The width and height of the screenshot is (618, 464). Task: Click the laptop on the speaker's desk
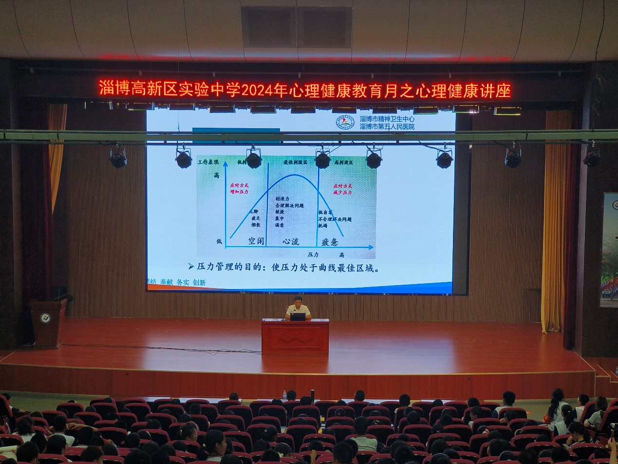[x=298, y=316]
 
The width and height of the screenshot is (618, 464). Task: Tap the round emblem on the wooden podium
[x=45, y=318]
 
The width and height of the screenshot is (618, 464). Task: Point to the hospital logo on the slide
[x=345, y=122]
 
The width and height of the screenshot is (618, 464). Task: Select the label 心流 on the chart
[x=291, y=241]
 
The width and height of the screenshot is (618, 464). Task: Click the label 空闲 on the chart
[x=256, y=241]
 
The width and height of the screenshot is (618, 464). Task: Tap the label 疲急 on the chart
[x=330, y=242]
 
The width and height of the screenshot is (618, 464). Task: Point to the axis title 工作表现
[x=208, y=162]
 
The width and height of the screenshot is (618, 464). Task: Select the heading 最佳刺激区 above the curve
[x=296, y=162]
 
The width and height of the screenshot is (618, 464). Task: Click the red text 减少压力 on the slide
[x=343, y=193]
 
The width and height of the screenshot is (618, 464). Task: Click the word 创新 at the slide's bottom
[x=199, y=282]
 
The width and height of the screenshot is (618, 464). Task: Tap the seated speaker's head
[x=298, y=300]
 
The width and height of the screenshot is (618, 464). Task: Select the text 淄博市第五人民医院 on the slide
[x=387, y=126]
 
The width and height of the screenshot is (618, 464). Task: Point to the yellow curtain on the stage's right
[x=555, y=219]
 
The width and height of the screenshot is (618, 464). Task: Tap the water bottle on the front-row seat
[x=284, y=395]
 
